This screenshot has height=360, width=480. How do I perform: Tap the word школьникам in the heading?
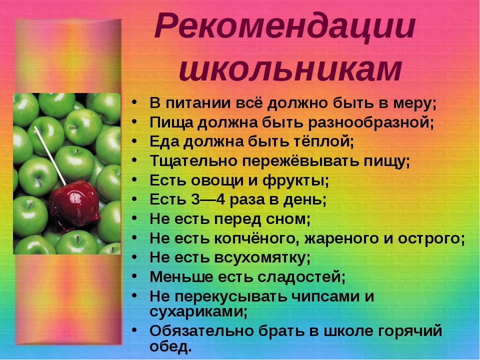(x=290, y=69)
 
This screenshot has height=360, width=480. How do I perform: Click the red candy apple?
(x=74, y=204)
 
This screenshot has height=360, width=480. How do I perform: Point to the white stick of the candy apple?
(x=50, y=155)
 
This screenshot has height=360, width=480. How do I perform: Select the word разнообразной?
(x=370, y=122)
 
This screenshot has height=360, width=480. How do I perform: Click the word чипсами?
(x=325, y=296)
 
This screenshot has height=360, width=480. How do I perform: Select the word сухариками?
(x=197, y=312)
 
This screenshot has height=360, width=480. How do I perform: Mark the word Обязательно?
(x=201, y=331)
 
